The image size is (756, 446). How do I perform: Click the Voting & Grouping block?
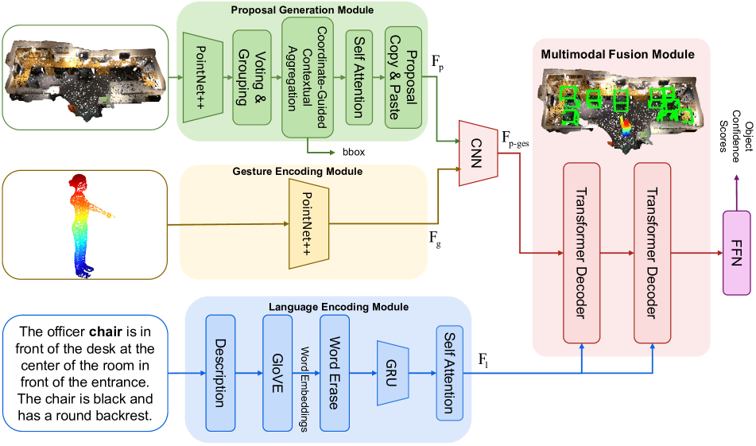252,76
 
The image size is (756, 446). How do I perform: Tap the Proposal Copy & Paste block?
402,76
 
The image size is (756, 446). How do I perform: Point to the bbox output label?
352,151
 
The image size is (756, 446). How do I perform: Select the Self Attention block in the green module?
359,76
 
